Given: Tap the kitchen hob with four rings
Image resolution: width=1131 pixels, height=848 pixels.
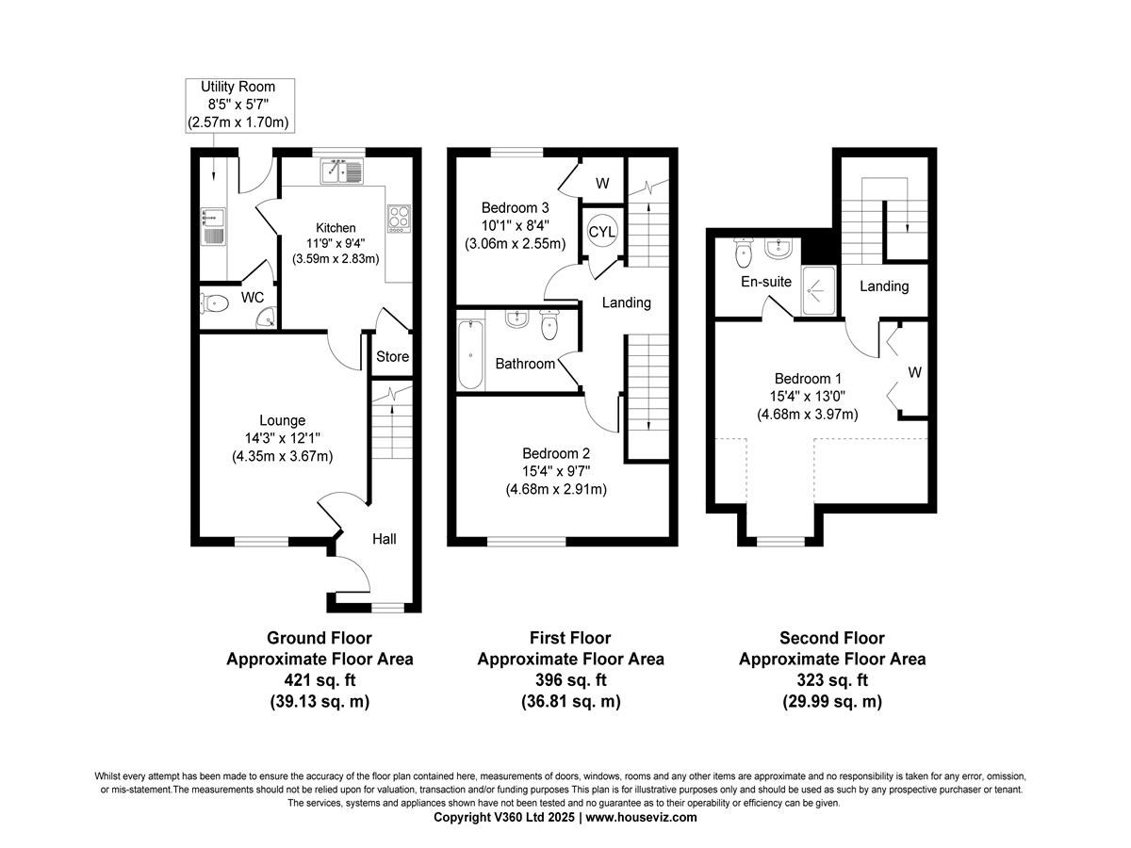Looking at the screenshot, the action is (399, 219).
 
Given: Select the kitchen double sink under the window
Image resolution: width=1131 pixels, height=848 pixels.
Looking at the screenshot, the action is (341, 171).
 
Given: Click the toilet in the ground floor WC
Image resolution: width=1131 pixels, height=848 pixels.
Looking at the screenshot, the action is (214, 303).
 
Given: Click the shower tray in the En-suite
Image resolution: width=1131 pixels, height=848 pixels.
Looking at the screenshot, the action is (818, 290).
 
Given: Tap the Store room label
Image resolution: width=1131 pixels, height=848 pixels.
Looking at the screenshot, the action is (392, 356).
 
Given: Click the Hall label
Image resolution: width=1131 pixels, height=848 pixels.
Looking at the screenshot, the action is (384, 539).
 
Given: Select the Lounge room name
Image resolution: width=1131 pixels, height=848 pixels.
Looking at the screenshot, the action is (282, 420).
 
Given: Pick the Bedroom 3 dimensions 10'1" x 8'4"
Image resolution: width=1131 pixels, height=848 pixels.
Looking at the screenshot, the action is (515, 225).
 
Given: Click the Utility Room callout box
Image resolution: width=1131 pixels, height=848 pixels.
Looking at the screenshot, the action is (240, 106).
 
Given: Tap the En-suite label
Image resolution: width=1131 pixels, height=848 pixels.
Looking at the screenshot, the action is (765, 282).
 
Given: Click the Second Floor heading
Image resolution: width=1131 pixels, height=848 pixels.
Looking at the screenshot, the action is (831, 638).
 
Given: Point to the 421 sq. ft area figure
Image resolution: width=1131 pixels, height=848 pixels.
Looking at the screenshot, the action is (320, 680).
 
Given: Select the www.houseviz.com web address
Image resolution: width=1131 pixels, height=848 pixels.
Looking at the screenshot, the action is (641, 817).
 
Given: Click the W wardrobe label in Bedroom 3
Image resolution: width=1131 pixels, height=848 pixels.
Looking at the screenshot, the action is (602, 183).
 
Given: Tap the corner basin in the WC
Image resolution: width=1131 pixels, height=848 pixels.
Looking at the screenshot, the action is (268, 318).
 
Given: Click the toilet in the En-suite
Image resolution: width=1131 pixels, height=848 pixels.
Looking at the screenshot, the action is (743, 253).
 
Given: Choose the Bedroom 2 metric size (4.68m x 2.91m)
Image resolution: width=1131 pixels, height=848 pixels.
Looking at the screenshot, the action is (556, 489).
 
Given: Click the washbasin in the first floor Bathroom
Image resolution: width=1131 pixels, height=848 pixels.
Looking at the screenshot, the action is (516, 318).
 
